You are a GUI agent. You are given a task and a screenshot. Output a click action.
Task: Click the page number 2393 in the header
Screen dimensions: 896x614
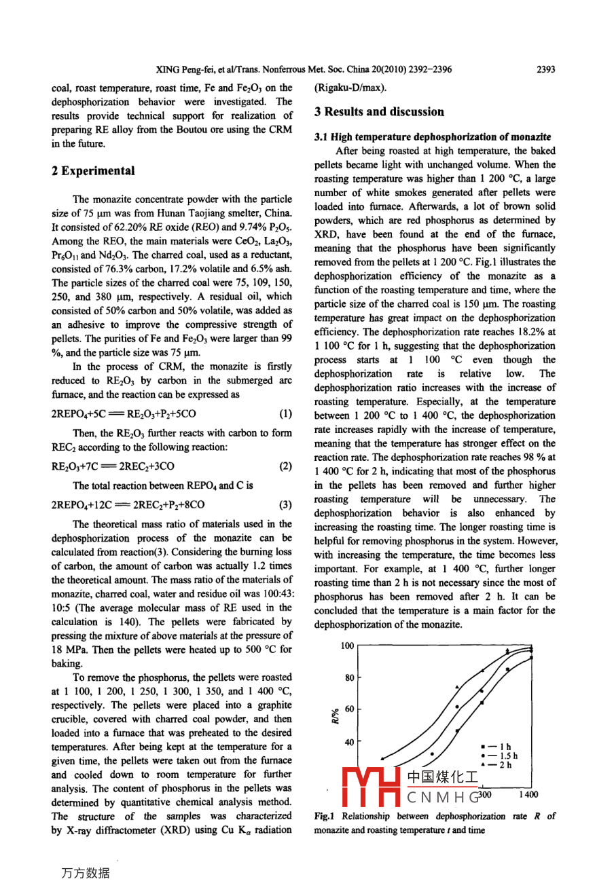coord(545,69)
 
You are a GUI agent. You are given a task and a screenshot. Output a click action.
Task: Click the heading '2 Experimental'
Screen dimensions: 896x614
coord(93,171)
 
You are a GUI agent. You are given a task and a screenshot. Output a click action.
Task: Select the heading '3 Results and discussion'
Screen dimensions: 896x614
coord(379,112)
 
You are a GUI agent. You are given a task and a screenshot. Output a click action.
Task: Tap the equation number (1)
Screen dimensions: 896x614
coord(285,413)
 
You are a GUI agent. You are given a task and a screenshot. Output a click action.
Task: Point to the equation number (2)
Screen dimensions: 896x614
coord(285,466)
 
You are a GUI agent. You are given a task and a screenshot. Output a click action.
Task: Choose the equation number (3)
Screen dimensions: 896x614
coord(285,505)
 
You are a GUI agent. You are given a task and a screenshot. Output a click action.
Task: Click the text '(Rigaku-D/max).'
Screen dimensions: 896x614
coord(350,88)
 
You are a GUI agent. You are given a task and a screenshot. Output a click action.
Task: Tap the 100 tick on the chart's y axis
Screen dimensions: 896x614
coord(347,646)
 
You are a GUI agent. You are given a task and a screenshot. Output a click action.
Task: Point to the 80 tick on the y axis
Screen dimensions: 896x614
coord(349,677)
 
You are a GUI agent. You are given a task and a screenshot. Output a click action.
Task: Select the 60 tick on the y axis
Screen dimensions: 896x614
coord(349,709)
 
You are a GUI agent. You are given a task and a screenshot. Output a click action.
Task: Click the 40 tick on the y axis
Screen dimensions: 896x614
coord(349,742)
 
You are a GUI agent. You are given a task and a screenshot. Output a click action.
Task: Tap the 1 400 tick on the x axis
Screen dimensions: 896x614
coord(528,794)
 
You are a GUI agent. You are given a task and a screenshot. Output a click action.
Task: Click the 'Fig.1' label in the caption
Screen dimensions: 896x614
coord(325,817)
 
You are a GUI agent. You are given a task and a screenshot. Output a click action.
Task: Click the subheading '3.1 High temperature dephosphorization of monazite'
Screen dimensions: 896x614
coord(433,137)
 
